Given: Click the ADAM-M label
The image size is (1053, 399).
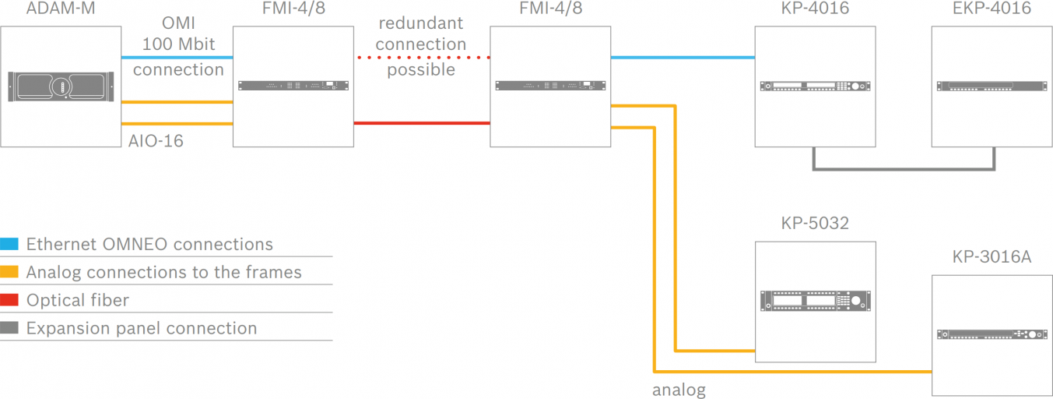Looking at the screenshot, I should click(x=61, y=9).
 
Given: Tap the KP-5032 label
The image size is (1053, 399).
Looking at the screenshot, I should click(x=815, y=224).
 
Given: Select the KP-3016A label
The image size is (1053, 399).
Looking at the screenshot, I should click(x=992, y=256).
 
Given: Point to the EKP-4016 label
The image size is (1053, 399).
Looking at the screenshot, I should click(x=992, y=9).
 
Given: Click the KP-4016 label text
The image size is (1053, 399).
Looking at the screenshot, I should click(x=815, y=9).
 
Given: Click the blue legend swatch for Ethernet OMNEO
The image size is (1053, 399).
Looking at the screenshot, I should click(x=10, y=244).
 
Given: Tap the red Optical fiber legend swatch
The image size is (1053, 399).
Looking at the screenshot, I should click(x=10, y=300).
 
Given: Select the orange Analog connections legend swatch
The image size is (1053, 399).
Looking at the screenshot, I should click(x=10, y=272).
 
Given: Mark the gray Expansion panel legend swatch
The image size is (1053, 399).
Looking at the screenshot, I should click(x=10, y=328).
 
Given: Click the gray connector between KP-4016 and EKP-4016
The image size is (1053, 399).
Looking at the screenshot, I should click(x=903, y=168).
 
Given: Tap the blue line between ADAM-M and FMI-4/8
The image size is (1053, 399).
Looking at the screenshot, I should click(x=177, y=57).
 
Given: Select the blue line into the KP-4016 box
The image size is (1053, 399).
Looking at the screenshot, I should click(x=683, y=57).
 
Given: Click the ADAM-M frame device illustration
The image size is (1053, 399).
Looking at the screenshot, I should click(x=61, y=87).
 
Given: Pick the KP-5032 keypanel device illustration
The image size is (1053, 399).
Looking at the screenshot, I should click(x=815, y=302).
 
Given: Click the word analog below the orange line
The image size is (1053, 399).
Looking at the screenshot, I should click(x=679, y=390).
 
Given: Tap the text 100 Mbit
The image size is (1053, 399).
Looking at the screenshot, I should click(x=179, y=44).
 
